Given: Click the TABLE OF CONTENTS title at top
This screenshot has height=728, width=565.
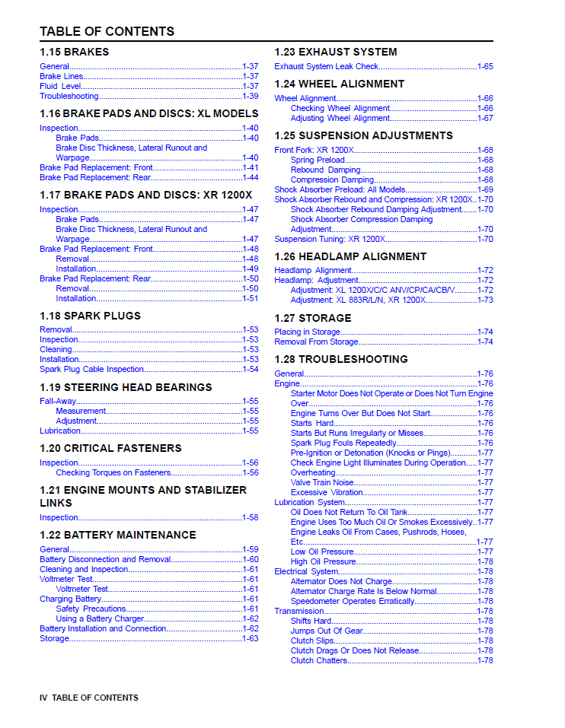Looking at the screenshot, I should (x=107, y=31).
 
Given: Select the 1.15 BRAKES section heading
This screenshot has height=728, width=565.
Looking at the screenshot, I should (x=74, y=52).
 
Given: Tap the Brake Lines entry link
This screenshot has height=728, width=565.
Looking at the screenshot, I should (x=62, y=76).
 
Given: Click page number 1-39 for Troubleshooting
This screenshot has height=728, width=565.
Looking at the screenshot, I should (x=250, y=96).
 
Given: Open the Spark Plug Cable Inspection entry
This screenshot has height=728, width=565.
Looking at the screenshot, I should (x=91, y=369).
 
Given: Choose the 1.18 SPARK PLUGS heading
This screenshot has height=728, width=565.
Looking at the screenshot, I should (x=90, y=316).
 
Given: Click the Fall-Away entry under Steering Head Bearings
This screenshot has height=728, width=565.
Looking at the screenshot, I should (x=58, y=401).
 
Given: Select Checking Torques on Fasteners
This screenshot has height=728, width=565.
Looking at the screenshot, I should (x=113, y=472).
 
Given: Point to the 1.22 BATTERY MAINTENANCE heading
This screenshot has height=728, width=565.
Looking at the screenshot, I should (x=117, y=535).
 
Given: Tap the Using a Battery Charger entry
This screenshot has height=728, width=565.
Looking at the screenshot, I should (x=100, y=618).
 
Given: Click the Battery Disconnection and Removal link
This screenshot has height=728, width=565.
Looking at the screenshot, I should (x=105, y=559).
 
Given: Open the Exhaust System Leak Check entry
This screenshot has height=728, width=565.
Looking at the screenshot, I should (x=326, y=66).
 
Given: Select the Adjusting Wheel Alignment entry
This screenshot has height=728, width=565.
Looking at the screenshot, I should (x=340, y=118).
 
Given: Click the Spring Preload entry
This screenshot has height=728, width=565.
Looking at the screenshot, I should (x=318, y=160).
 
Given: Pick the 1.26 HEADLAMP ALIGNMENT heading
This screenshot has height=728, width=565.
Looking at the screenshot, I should (x=350, y=256).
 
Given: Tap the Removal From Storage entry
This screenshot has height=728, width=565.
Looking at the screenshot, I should (x=316, y=342).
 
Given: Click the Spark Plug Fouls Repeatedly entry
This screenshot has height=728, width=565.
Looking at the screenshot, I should (x=343, y=443).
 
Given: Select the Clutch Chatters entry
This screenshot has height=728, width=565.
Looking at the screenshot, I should (x=319, y=660).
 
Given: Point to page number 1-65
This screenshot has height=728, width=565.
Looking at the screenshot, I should (x=485, y=66).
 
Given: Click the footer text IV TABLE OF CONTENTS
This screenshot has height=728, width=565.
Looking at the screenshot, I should (x=89, y=698).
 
